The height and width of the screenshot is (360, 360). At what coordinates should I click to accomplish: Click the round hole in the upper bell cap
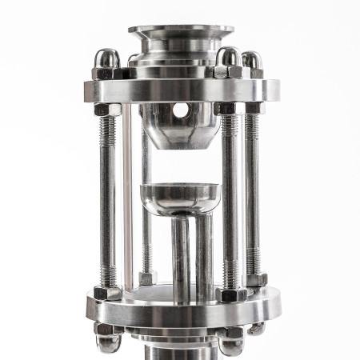pos(181,109)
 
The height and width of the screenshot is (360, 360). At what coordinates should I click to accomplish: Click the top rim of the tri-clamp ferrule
pos(181,32)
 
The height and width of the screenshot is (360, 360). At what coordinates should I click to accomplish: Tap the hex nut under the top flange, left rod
pos(108,109)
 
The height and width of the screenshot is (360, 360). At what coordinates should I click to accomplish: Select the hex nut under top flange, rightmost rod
pos(253,107)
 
